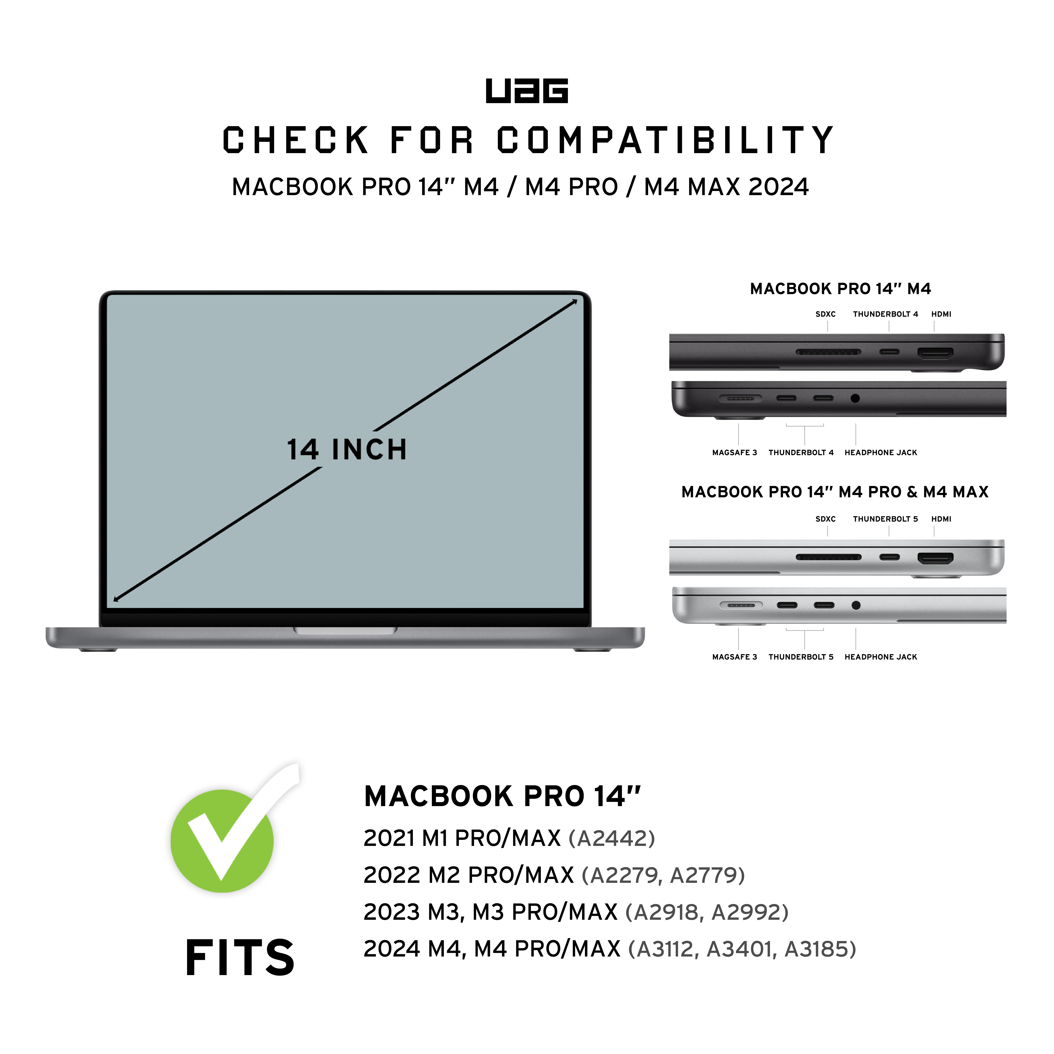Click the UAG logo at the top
pos(526,91)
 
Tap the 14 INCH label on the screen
pos(347,450)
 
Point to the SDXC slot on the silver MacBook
pos(828,557)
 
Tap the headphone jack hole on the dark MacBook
pos(855,398)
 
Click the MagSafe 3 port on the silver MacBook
pos(741,605)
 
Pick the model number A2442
pos(611,838)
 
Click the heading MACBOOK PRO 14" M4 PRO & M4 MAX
pos(835,492)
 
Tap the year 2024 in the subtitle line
pos(778,187)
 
